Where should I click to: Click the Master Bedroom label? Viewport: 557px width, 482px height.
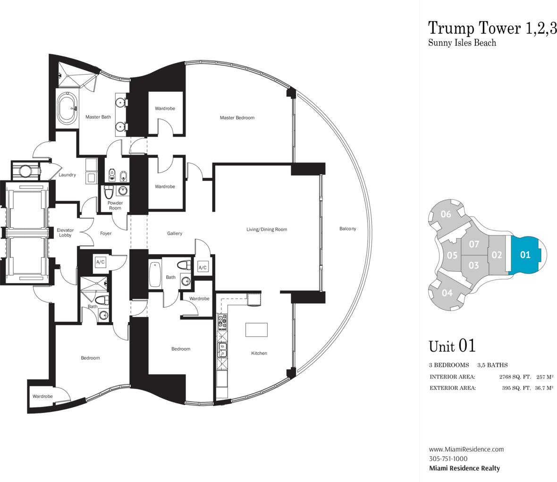pyautogui.click(x=237, y=118)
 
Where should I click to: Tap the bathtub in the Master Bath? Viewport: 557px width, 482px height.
pyautogui.click(x=68, y=108)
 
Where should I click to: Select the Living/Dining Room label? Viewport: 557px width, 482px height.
pyautogui.click(x=267, y=230)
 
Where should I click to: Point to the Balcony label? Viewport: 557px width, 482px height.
pyautogui.click(x=347, y=229)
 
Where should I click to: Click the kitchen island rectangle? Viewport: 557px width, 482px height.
pyautogui.click(x=256, y=330)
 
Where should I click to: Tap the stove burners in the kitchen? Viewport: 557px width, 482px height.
pyautogui.click(x=222, y=321)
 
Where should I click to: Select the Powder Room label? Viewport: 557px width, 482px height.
pyautogui.click(x=115, y=206)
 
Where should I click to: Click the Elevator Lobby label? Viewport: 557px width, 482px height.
pyautogui.click(x=65, y=232)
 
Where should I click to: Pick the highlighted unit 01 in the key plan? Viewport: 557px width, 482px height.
pyautogui.click(x=525, y=255)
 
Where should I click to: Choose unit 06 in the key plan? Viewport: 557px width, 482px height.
pyautogui.click(x=446, y=215)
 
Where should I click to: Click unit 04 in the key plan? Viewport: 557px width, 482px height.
pyautogui.click(x=447, y=293)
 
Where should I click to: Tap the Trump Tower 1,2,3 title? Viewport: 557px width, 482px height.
pyautogui.click(x=492, y=28)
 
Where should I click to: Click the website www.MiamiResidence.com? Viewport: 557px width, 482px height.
pyautogui.click(x=466, y=449)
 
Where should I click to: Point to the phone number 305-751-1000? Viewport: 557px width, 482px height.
pyautogui.click(x=448, y=459)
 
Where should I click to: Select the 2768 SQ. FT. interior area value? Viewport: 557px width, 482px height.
pyautogui.click(x=515, y=377)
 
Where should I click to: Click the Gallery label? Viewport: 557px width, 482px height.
pyautogui.click(x=175, y=233)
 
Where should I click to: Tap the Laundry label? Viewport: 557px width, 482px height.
pyautogui.click(x=67, y=175)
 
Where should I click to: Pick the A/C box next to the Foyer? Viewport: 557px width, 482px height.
pyautogui.click(x=101, y=262)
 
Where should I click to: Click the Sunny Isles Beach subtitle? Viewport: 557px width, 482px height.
pyautogui.click(x=462, y=43)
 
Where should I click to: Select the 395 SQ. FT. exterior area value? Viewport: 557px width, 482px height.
pyautogui.click(x=516, y=388)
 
